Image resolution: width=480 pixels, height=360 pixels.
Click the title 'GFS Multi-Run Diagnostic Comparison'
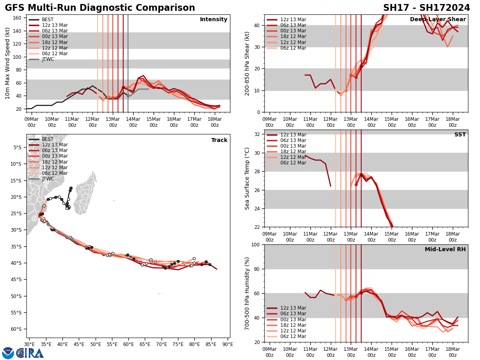pyautogui.click(x=100, y=8)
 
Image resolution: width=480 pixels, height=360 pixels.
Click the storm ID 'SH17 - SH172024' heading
pyautogui.click(x=426, y=8)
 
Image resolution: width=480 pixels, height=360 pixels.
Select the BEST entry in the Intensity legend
pyautogui.click(x=48, y=20)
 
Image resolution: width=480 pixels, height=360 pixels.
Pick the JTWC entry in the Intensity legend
pyautogui.click(x=48, y=59)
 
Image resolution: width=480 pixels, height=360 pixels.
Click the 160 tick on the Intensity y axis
pyautogui.click(x=18, y=18)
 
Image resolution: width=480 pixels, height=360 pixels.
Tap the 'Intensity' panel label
pyautogui.click(x=214, y=20)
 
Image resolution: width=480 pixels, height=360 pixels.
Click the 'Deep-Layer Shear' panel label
pyautogui.click(x=438, y=20)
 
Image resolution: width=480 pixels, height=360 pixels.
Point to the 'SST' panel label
pyautogui.click(x=460, y=135)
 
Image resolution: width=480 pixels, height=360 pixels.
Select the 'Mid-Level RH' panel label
pyautogui.click(x=445, y=250)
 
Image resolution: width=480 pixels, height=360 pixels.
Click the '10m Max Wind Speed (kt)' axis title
pyautogui.click(x=8, y=63)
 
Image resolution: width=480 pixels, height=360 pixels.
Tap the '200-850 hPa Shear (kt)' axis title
pyautogui.click(x=247, y=63)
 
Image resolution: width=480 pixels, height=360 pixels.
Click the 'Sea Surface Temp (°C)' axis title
pyautogui.click(x=247, y=178)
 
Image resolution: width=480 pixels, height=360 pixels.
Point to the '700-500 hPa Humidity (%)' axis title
pyautogui.click(x=247, y=293)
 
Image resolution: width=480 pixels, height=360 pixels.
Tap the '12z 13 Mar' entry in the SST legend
pyautogui.click(x=293, y=135)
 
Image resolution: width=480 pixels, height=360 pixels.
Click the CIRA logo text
pyautogui.click(x=30, y=353)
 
